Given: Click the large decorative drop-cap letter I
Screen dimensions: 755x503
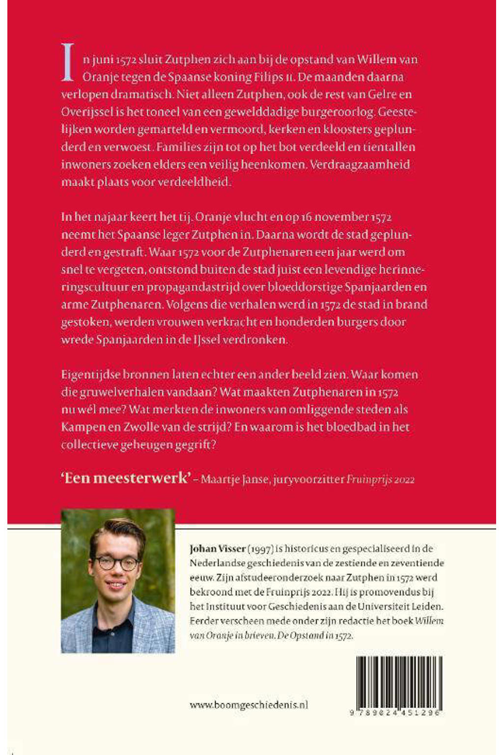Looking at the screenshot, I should [68, 62].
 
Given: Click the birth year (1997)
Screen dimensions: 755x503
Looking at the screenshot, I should [260, 549].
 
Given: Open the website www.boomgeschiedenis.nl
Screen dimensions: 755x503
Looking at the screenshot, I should [249, 705].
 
